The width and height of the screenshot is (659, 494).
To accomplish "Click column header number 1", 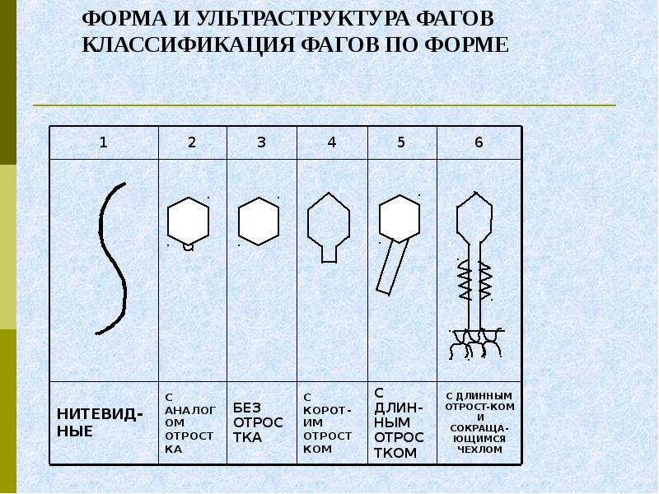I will [x=103, y=142].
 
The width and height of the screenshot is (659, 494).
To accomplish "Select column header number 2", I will [x=192, y=142].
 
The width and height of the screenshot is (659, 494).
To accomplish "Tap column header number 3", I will [x=261, y=142].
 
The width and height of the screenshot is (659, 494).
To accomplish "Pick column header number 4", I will [x=331, y=142].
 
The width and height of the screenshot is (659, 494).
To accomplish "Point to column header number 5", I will [x=401, y=142].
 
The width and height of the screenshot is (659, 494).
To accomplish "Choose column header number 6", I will [x=479, y=142].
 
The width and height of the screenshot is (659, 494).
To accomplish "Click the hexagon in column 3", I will [x=258, y=221].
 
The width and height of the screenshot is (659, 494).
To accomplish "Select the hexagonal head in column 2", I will [x=188, y=220].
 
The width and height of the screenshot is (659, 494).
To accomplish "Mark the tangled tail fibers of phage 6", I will [x=474, y=342].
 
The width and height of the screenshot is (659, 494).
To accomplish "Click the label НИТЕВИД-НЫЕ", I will [x=99, y=422].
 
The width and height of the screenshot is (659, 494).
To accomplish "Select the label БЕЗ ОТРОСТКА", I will [x=258, y=422].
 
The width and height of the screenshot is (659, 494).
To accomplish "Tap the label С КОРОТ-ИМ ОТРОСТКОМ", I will [x=327, y=422].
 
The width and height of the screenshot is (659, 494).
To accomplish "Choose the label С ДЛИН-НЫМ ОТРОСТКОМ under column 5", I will [x=400, y=422].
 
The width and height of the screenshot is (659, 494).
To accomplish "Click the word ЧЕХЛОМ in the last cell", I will [x=479, y=450].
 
